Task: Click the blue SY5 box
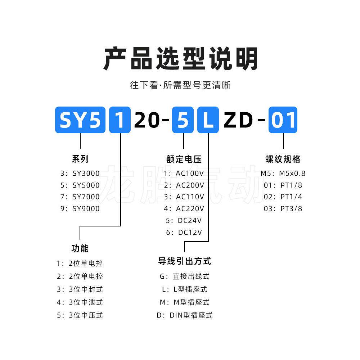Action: coord(80,120)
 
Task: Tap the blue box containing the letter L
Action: coord(208,120)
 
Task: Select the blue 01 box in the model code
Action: coord(283,120)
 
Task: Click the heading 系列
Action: coord(80,159)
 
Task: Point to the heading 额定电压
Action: coord(184,159)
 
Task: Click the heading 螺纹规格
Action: coord(283,159)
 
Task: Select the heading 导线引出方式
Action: coord(185,261)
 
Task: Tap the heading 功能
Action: coord(80,248)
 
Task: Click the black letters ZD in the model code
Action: coord(238,120)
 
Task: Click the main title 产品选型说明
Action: coord(180,58)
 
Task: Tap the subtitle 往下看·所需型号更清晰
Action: coord(180,85)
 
